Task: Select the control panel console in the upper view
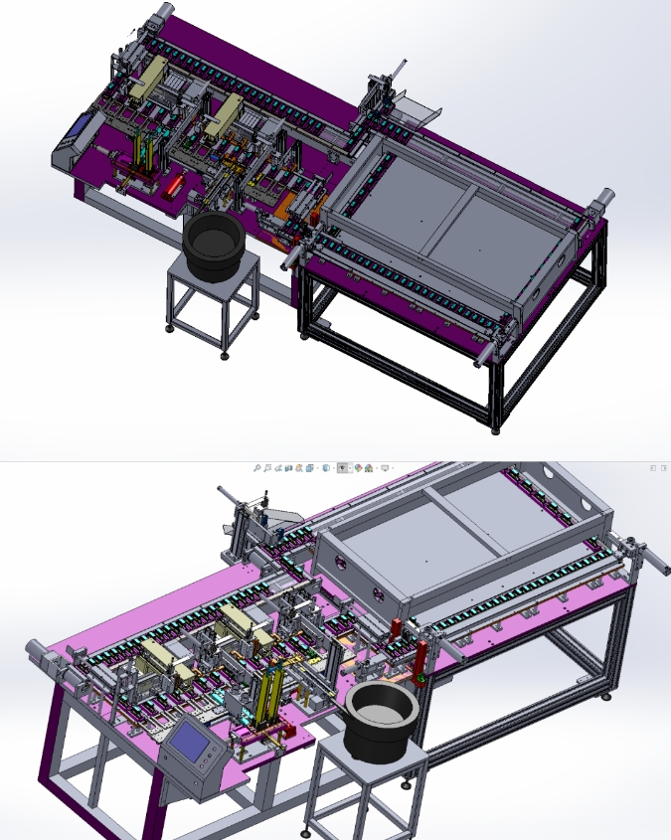click(76, 138)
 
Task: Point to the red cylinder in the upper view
click(175, 185)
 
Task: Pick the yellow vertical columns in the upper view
click(145, 154)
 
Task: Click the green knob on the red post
click(420, 679)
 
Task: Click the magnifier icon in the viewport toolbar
click(256, 467)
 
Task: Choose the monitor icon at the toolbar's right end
click(385, 467)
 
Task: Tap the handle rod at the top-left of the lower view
click(228, 494)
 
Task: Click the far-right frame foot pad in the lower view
click(605, 697)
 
